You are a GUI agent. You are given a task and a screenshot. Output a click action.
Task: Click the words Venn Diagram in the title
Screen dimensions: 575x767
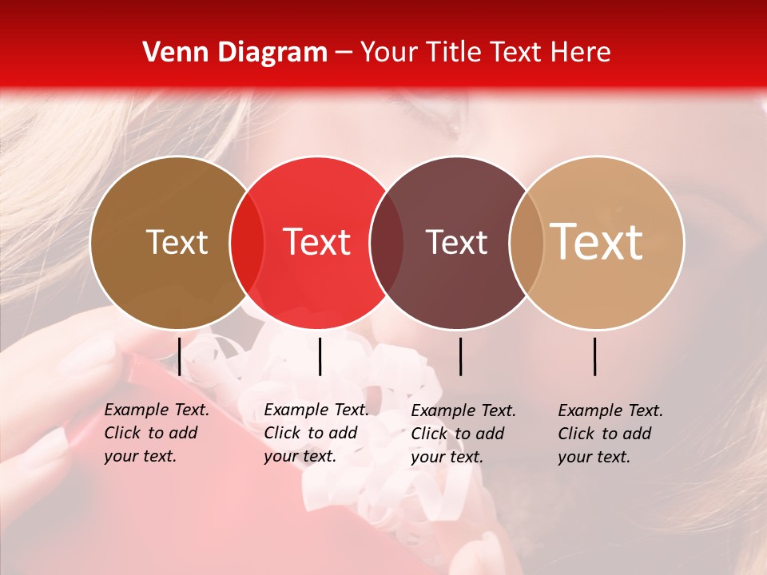click(235, 53)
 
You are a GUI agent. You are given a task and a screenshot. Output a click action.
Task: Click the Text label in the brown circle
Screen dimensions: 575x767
click(177, 242)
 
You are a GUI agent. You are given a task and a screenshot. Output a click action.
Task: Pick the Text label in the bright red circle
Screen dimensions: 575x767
click(317, 242)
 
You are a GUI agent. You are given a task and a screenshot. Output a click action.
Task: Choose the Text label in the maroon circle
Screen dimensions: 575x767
click(457, 242)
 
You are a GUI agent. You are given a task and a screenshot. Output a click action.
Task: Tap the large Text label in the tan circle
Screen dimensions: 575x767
click(597, 242)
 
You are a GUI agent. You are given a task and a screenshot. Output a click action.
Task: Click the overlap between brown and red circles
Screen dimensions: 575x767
click(247, 242)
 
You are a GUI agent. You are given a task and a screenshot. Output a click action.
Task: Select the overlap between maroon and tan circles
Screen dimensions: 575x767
click(527, 242)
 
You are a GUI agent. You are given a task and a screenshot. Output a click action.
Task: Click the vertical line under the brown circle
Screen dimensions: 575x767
click(180, 356)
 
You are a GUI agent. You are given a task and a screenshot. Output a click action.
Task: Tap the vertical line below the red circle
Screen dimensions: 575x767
click(320, 356)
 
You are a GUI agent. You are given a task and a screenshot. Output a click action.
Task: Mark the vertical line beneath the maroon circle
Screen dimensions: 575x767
click(461, 356)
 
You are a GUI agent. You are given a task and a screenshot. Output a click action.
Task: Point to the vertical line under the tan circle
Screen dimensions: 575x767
click(595, 356)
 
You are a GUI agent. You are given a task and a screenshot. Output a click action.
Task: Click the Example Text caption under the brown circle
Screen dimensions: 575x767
click(157, 433)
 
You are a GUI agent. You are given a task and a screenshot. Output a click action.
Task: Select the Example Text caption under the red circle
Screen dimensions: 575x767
click(316, 433)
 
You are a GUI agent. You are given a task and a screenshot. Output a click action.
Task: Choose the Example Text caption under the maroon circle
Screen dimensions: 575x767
click(463, 434)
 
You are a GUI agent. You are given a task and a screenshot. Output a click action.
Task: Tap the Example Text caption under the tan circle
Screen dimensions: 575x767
click(610, 434)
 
